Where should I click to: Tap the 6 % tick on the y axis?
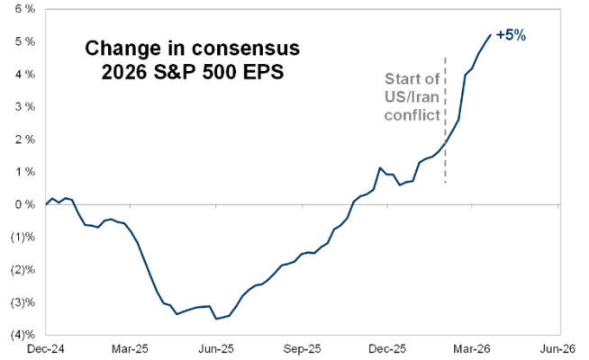[23, 8]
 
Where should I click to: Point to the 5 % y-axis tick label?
[23, 41]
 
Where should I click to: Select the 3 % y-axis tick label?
[23, 106]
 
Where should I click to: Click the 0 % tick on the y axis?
[23, 204]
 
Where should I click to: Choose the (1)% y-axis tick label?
[21, 238]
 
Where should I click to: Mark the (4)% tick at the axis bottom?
[21, 335]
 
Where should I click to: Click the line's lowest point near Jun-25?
[215, 319]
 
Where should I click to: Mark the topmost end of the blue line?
[490, 35]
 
